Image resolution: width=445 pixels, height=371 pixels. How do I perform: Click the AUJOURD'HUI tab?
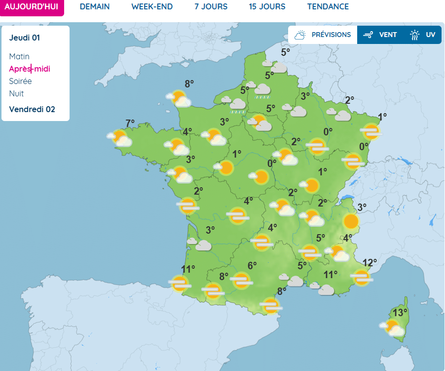32,7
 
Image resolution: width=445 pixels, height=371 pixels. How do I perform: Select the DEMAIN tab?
95,7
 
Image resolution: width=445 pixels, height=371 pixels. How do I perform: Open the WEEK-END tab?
152,7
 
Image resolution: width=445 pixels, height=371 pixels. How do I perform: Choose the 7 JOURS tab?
211,7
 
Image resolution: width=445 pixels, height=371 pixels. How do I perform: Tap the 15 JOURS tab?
267,7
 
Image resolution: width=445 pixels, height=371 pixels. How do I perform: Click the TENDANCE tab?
328,7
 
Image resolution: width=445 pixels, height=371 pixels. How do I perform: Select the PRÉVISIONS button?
323,35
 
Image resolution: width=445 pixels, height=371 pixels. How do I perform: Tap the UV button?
423,35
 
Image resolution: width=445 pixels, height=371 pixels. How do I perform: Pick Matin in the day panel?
19,57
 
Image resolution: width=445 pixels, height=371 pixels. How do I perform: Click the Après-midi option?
30,69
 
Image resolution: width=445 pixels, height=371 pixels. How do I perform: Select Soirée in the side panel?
20,82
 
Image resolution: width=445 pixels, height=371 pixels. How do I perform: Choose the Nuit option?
16,94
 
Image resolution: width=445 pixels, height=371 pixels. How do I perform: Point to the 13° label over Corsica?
400,313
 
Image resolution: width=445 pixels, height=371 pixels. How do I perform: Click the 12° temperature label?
370,262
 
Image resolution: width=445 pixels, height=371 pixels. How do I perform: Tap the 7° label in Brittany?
130,124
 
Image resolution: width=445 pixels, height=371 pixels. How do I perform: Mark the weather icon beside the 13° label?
393,328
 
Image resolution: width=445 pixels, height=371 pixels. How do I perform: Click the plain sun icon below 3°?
351,221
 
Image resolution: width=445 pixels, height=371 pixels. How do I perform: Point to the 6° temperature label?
252,266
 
